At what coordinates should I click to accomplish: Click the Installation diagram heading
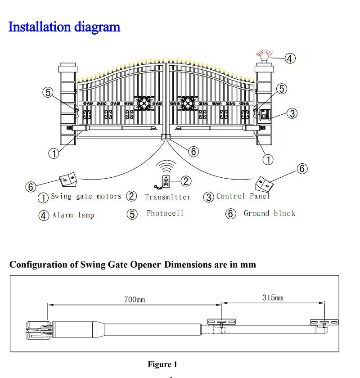tap(64, 27)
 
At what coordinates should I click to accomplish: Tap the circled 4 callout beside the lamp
tap(290, 58)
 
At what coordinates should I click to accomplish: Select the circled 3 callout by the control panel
tap(292, 113)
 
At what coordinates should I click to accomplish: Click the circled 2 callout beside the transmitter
tap(186, 181)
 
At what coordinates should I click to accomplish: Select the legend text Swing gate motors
tap(86, 196)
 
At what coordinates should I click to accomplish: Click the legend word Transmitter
tap(168, 197)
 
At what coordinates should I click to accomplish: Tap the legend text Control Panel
tap(243, 196)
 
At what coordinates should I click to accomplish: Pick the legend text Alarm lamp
tap(73, 215)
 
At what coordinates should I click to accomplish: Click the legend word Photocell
tap(165, 213)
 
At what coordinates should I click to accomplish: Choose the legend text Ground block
tap(269, 213)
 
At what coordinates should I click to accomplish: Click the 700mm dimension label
tap(135, 299)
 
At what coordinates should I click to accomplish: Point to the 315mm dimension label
tap(273, 297)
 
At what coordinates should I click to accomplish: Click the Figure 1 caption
tap(162, 364)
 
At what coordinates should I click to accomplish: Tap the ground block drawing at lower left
tap(68, 180)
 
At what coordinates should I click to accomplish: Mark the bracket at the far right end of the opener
tap(322, 322)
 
